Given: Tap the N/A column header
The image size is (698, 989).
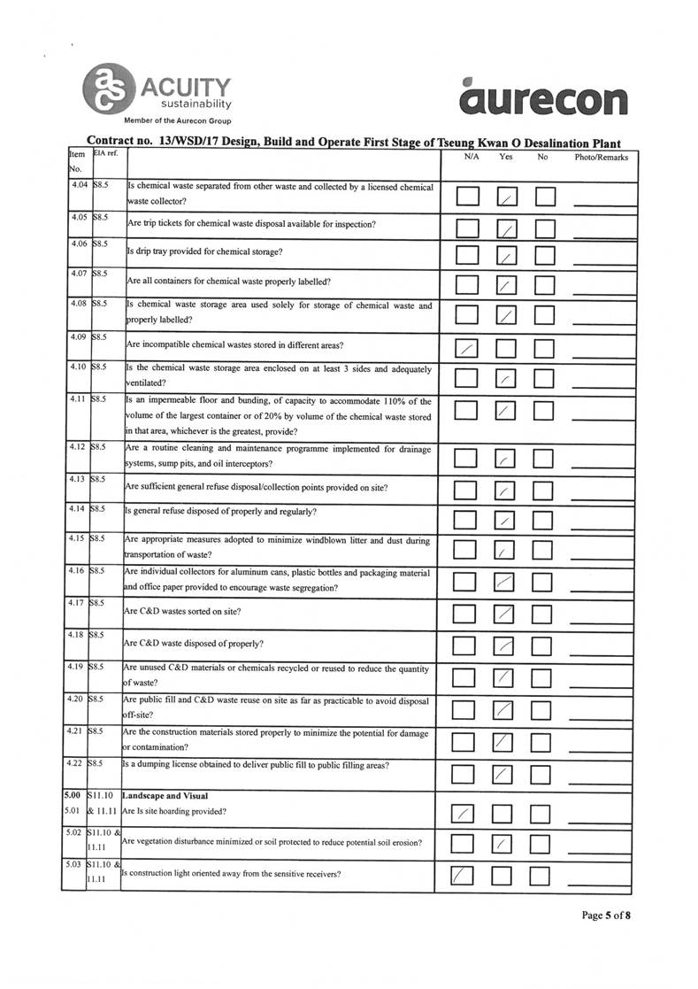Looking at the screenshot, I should pyautogui.click(x=472, y=158).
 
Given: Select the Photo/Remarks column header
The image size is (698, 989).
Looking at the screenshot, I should pyautogui.click(x=602, y=158).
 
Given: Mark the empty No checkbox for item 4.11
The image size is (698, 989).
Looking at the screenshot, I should pyautogui.click(x=544, y=411).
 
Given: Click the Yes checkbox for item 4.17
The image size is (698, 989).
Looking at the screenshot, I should pyautogui.click(x=504, y=613).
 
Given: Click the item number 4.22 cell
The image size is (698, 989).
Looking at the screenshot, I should pyautogui.click(x=77, y=763).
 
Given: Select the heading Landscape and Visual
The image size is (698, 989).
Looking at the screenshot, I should pyautogui.click(x=165, y=796).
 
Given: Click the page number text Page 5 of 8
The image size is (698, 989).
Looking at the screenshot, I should pyautogui.click(x=606, y=916).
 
